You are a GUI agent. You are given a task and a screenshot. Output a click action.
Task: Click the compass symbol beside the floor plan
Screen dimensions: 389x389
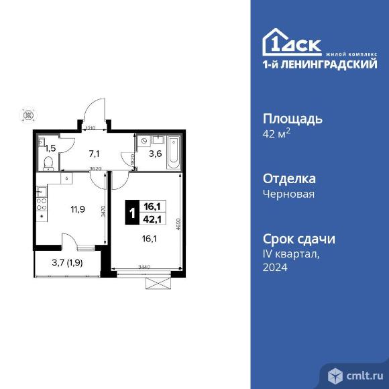pyautogui.click(x=28, y=115)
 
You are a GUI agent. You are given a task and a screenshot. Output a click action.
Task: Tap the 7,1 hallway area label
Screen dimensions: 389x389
pyautogui.click(x=95, y=153)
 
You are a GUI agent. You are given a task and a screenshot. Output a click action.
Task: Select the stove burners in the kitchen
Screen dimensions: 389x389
pyautogui.click(x=42, y=199)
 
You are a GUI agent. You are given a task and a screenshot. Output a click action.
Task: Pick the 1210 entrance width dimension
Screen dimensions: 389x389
pyautogui.click(x=91, y=127)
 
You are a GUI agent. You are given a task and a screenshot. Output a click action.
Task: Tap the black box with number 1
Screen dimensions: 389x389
pyautogui.click(x=132, y=213)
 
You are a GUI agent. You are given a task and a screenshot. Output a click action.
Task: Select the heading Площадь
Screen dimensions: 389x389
pyautogui.click(x=292, y=119)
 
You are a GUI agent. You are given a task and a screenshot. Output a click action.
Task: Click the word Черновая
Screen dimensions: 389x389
pyautogui.click(x=288, y=194)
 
